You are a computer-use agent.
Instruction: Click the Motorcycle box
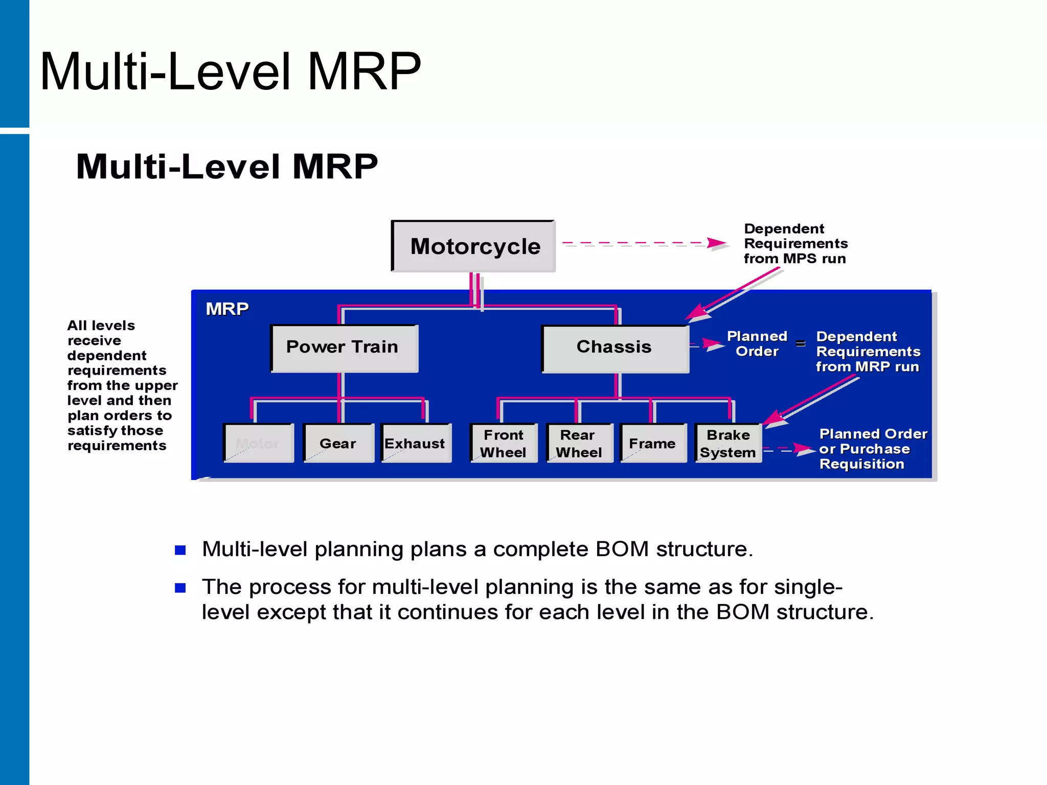pyautogui.click(x=473, y=246)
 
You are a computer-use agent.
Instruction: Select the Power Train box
pyautogui.click(x=344, y=348)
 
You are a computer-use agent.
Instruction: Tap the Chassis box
pyautogui.click(x=615, y=348)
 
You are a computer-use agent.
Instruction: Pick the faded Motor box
pyautogui.click(x=258, y=443)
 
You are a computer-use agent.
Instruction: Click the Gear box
pyautogui.click(x=338, y=443)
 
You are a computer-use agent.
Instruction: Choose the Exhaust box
pyautogui.click(x=416, y=443)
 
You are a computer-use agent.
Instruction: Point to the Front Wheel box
pyautogui.click(x=504, y=443)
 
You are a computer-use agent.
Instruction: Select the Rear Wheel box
pyautogui.click(x=579, y=443)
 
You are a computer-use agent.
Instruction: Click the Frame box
pyautogui.click(x=653, y=443)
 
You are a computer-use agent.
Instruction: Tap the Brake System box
pyautogui.click(x=728, y=443)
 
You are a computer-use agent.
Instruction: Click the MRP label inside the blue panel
pyautogui.click(x=227, y=309)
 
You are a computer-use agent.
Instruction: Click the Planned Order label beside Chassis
pyautogui.click(x=757, y=344)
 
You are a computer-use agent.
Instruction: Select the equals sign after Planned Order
pyautogui.click(x=801, y=343)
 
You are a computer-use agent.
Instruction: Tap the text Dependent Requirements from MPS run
pyautogui.click(x=795, y=244)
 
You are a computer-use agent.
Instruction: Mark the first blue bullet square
pyautogui.click(x=180, y=550)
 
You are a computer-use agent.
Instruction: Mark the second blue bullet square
pyautogui.click(x=180, y=588)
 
